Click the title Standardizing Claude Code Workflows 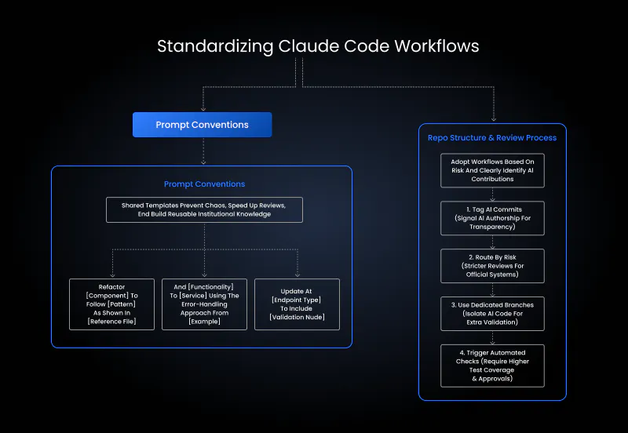click(x=318, y=45)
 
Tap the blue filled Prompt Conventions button click(x=202, y=125)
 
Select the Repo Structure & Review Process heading click(x=492, y=138)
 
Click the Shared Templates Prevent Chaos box click(x=204, y=209)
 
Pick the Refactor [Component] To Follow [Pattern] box click(x=112, y=304)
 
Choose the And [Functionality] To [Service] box click(x=204, y=304)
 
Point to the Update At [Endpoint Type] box click(x=297, y=304)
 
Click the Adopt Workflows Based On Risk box click(x=492, y=170)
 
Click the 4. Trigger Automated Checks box click(x=492, y=366)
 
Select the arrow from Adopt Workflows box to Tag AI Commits click(x=492, y=195)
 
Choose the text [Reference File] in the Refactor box click(x=112, y=322)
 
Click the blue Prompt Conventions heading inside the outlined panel click(x=204, y=184)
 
